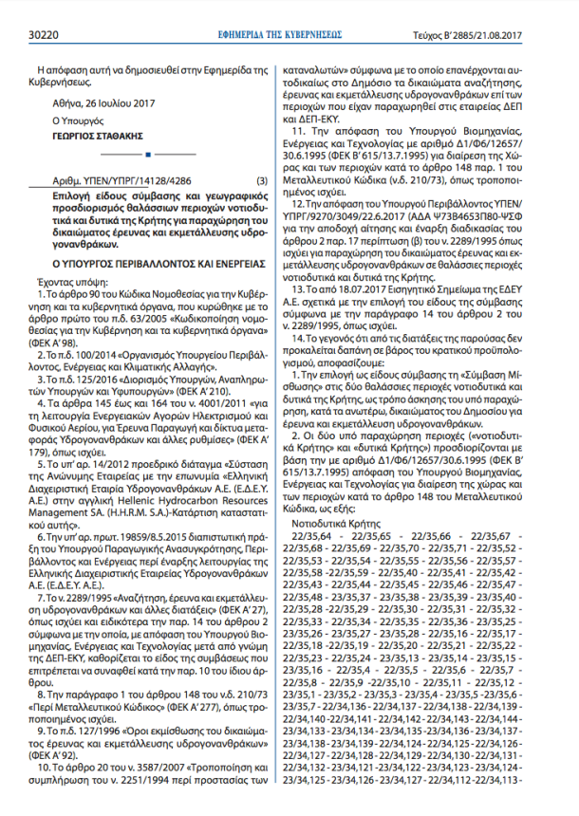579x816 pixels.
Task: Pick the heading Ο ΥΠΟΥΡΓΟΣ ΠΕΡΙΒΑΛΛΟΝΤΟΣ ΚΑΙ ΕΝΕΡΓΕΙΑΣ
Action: tap(142, 257)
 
